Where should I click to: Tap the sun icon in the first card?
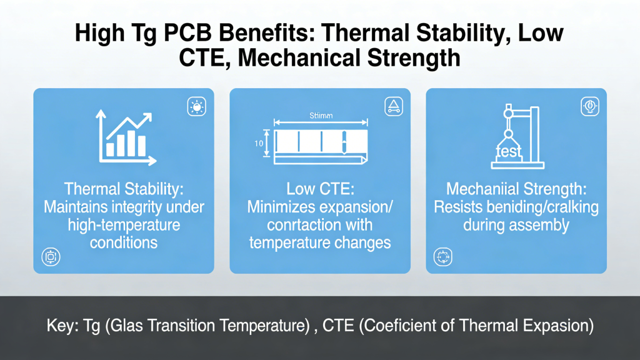pyautogui.click(x=196, y=107)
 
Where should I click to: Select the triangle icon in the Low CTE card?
pyautogui.click(x=393, y=106)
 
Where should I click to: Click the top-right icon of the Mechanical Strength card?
pyautogui.click(x=589, y=106)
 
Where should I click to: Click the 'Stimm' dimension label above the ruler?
pyautogui.click(x=321, y=115)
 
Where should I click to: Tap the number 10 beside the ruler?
pyautogui.click(x=259, y=144)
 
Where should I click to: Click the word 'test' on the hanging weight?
pyautogui.click(x=507, y=152)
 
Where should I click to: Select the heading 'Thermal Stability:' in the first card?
pyautogui.click(x=123, y=189)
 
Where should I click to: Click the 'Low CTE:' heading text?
pyautogui.click(x=320, y=189)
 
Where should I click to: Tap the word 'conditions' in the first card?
pyautogui.click(x=123, y=242)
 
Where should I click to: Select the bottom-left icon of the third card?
pyautogui.click(x=442, y=256)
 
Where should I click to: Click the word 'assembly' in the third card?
pyautogui.click(x=538, y=224)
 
